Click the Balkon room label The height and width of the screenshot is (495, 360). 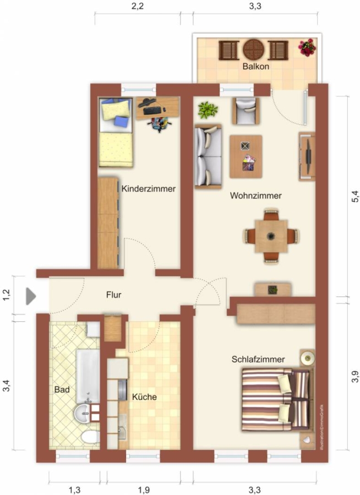[x=256, y=67]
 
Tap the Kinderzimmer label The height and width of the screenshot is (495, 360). [x=148, y=189]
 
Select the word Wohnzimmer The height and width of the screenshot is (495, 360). [x=255, y=196]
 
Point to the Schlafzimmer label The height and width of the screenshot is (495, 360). [x=258, y=359]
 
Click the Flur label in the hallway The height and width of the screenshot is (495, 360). [x=114, y=295]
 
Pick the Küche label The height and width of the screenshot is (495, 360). [x=144, y=397]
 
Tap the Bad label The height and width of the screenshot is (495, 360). [x=62, y=389]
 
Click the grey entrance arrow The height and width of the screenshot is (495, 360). [x=31, y=296]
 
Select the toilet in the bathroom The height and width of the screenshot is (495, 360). [x=90, y=438]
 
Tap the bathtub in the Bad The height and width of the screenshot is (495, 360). [x=88, y=376]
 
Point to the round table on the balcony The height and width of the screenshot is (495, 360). [x=253, y=50]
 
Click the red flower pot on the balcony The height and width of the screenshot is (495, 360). [x=307, y=47]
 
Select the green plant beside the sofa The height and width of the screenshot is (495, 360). [x=208, y=110]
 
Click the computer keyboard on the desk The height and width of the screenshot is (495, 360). [x=152, y=111]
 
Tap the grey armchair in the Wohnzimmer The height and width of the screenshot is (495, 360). [x=246, y=111]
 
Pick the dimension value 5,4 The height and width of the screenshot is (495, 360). [x=355, y=197]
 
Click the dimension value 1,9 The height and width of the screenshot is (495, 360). [x=144, y=490]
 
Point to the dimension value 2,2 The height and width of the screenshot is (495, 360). [x=138, y=6]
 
